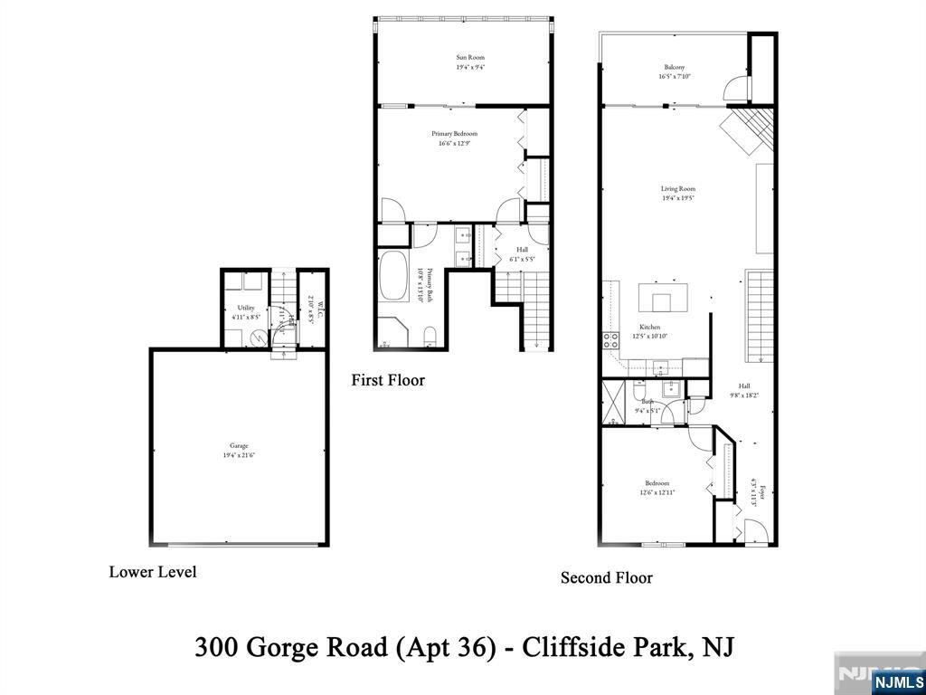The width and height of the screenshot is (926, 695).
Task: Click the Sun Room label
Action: point(469,58)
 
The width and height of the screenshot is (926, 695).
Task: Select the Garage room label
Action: point(238,445)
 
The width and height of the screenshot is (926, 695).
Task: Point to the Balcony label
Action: point(674,68)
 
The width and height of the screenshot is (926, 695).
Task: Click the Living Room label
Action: point(677,189)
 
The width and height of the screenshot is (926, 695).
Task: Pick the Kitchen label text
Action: point(649,327)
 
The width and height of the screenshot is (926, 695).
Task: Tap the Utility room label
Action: point(246,308)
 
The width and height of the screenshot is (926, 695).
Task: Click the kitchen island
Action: point(663,298)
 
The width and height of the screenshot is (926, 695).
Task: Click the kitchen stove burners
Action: point(610,341)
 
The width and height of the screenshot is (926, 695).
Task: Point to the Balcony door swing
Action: point(737,89)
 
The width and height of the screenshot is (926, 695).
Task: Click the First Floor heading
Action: point(388,380)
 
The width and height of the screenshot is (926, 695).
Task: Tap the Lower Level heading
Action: point(153,572)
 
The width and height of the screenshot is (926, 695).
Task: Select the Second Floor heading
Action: point(606,577)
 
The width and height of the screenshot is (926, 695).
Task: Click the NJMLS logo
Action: point(898,681)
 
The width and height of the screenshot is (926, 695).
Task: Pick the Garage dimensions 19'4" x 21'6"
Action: point(238,455)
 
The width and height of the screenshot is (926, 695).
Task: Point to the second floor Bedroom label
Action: point(657,483)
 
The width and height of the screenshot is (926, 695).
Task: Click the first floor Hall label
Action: point(522,250)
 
